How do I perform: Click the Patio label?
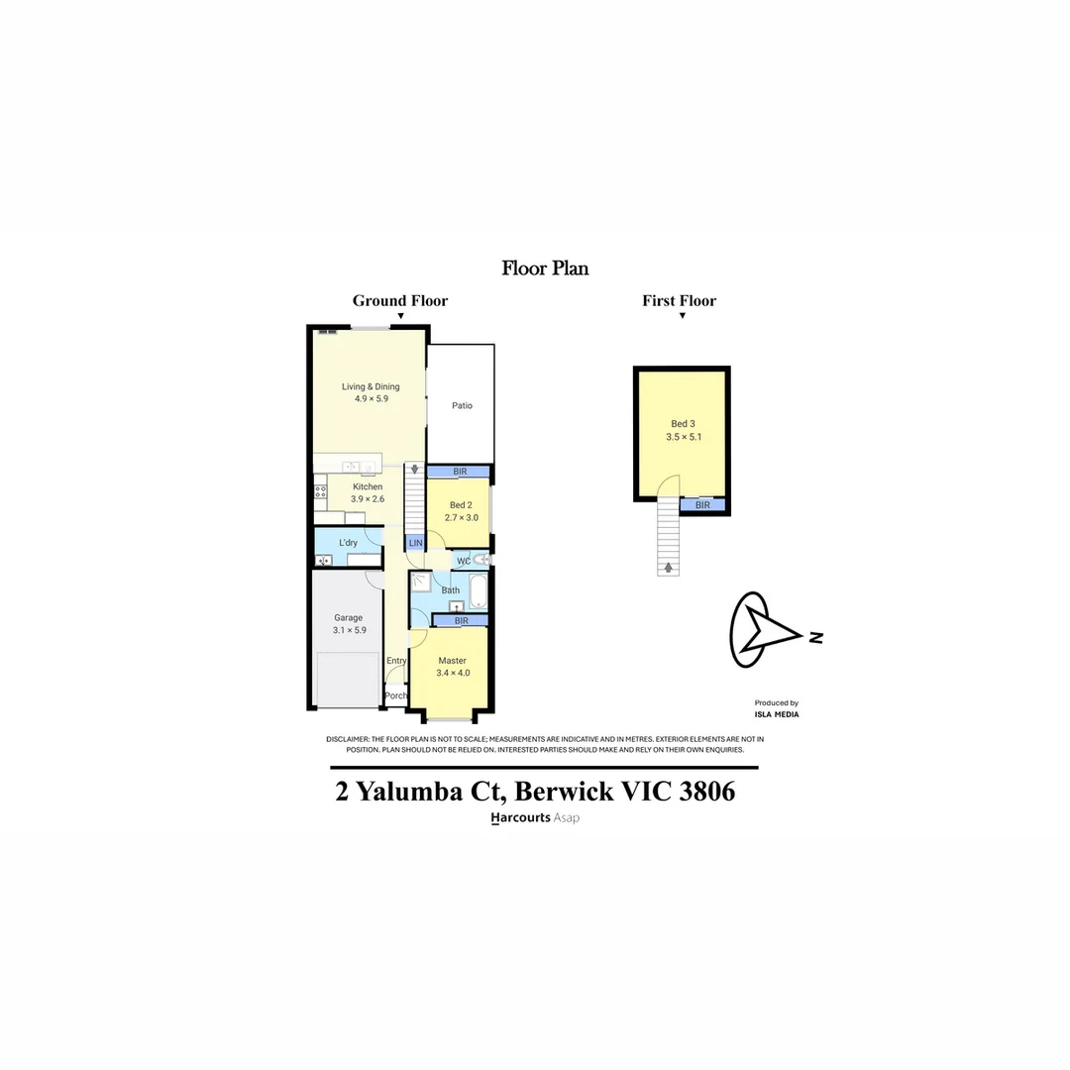coord(462,405)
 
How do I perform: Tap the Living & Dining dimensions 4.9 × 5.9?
coord(371,398)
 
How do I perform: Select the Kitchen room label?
coord(368,486)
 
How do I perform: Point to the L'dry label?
coord(348,543)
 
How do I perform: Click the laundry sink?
coord(323,560)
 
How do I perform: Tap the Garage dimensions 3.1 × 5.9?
coord(348,630)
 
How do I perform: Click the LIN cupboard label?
coord(415,543)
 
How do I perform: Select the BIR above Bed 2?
coord(459,472)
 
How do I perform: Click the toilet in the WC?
coord(481,560)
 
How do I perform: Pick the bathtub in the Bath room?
coord(479,591)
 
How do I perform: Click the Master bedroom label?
coord(452,661)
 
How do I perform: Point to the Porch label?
coord(395,695)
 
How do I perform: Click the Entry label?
coord(396,661)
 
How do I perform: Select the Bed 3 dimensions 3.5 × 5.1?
coord(684,437)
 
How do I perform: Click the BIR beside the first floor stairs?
coord(702,505)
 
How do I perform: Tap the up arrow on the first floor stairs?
coord(669,568)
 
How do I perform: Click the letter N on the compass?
coord(815,637)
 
